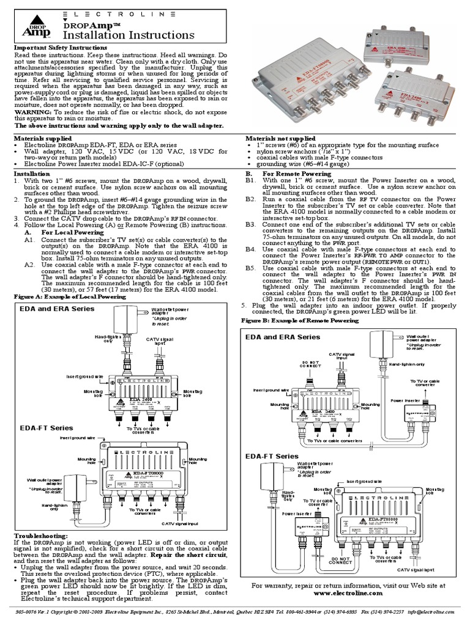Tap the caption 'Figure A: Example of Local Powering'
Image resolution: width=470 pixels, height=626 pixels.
tap(70, 296)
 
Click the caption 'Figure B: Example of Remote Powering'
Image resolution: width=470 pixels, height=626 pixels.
tap(300, 320)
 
